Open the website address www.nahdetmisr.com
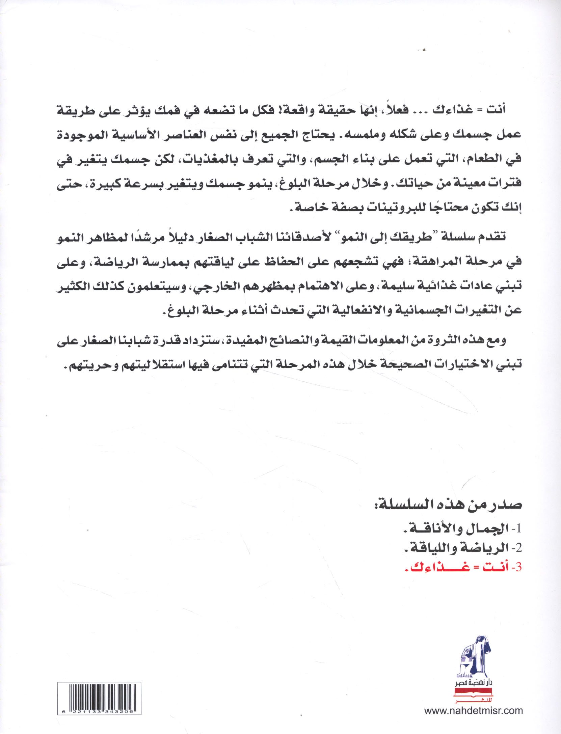pos(473,710)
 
